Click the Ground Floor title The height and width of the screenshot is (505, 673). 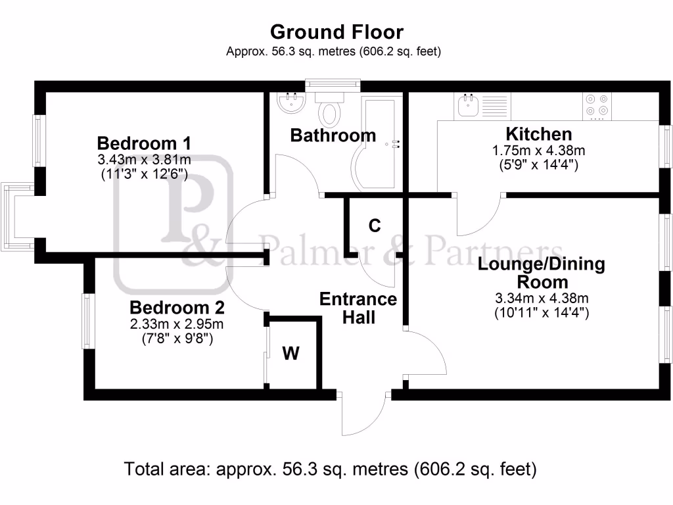click(x=336, y=32)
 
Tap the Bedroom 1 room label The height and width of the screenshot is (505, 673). click(x=144, y=143)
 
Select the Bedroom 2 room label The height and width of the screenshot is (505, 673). click(x=177, y=307)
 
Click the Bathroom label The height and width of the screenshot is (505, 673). click(x=333, y=135)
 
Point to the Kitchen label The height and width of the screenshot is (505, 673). click(x=538, y=134)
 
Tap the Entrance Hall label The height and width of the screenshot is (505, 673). click(x=358, y=308)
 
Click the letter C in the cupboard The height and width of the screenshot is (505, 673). click(x=375, y=226)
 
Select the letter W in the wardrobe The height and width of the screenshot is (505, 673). click(x=291, y=354)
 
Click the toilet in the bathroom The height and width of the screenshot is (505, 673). click(x=330, y=109)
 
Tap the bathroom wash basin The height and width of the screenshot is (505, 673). click(x=290, y=103)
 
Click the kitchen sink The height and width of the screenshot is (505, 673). click(x=469, y=105)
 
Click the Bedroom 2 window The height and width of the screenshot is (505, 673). click(x=85, y=321)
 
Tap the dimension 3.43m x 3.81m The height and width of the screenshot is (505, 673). click(x=144, y=160)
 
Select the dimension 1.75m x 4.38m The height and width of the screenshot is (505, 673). click(x=538, y=151)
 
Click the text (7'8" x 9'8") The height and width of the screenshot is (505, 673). click(x=177, y=339)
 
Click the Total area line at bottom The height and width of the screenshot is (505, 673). click(x=331, y=469)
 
